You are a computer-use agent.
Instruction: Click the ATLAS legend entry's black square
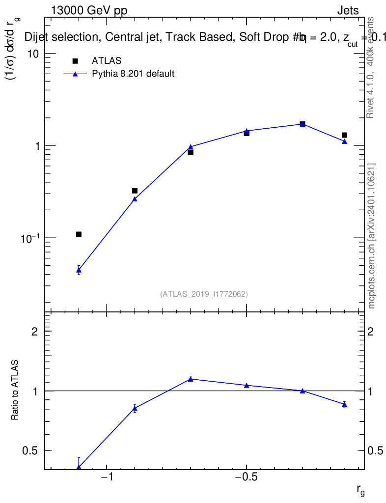click(75, 61)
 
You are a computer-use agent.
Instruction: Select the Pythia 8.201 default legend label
click(133, 74)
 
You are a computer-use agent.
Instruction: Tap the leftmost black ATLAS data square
click(79, 234)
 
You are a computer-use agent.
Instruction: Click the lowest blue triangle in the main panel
click(79, 270)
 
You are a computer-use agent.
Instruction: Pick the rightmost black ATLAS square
click(345, 135)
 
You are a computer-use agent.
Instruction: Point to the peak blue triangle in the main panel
click(303, 124)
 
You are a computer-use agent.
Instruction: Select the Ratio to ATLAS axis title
click(15, 391)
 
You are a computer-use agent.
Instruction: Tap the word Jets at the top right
click(348, 11)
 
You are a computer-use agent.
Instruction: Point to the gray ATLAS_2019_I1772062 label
click(204, 294)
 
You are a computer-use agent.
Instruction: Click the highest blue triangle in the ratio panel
click(191, 379)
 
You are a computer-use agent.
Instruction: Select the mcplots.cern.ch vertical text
click(372, 236)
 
